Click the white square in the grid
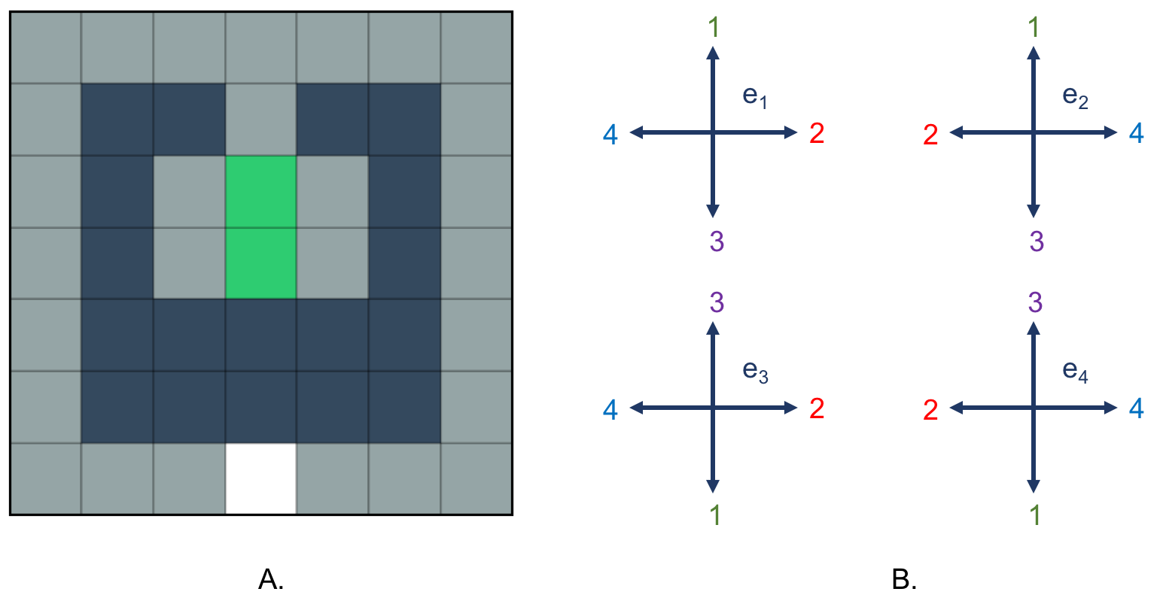click(x=260, y=478)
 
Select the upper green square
click(x=260, y=192)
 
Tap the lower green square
click(x=260, y=263)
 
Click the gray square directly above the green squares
click(x=260, y=120)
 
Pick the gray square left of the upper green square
click(x=189, y=192)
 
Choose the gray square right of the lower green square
click(x=332, y=263)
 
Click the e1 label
click(x=754, y=96)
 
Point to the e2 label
click(x=1075, y=96)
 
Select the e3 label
click(x=754, y=371)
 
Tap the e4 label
click(x=1075, y=371)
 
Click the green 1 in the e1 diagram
click(x=714, y=28)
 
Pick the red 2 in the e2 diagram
click(x=930, y=135)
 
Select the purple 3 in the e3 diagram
click(x=716, y=302)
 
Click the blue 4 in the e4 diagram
click(x=1136, y=408)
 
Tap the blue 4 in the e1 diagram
click(x=610, y=135)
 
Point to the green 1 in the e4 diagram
click(x=1035, y=515)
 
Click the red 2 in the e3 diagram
click(x=817, y=408)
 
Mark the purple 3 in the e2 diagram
click(x=1037, y=241)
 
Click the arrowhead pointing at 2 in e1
click(x=791, y=132)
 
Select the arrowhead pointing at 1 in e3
click(x=713, y=487)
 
